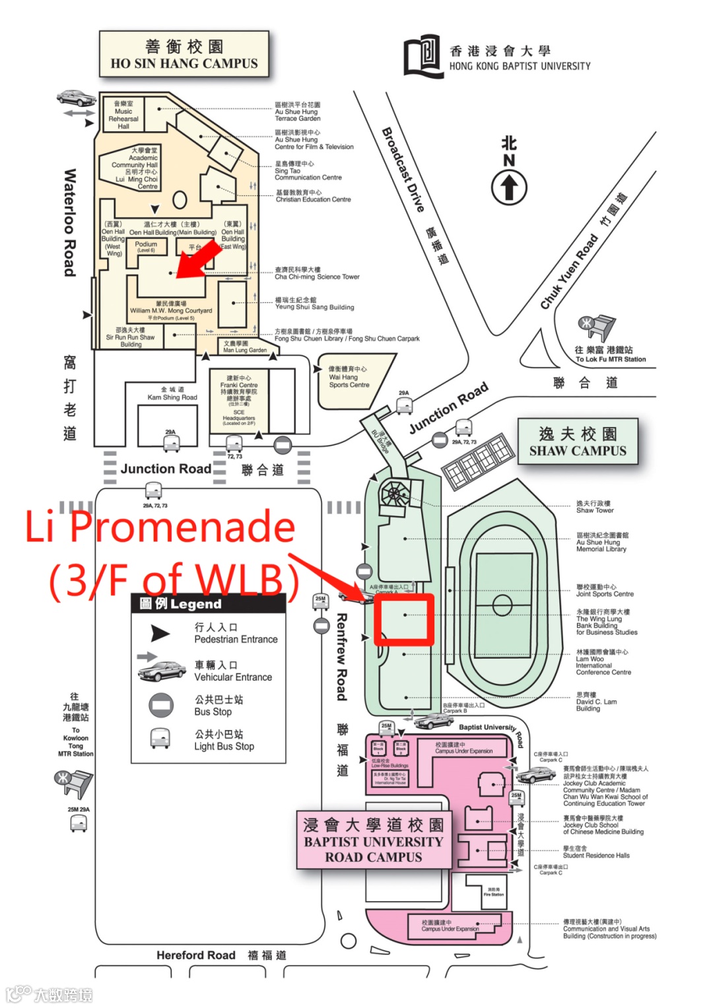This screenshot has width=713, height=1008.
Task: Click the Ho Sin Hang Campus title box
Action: click(184, 55)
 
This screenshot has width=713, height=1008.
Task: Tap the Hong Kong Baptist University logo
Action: click(422, 56)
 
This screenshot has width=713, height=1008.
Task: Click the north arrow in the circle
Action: click(508, 187)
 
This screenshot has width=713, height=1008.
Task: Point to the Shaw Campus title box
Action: click(578, 442)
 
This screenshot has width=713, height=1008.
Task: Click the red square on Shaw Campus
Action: click(404, 619)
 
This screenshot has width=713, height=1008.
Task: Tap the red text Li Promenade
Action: click(160, 527)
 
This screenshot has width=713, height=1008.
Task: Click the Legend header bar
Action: click(208, 603)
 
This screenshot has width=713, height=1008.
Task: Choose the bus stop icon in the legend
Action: click(160, 705)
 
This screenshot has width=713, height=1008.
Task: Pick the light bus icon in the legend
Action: click(160, 739)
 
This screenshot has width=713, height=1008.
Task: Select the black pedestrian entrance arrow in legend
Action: click(160, 633)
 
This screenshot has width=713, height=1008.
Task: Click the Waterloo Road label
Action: click(70, 222)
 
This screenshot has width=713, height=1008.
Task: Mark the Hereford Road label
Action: click(195, 955)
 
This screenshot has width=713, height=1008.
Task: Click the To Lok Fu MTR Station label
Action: click(610, 359)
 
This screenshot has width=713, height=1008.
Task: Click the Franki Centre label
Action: click(239, 385)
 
